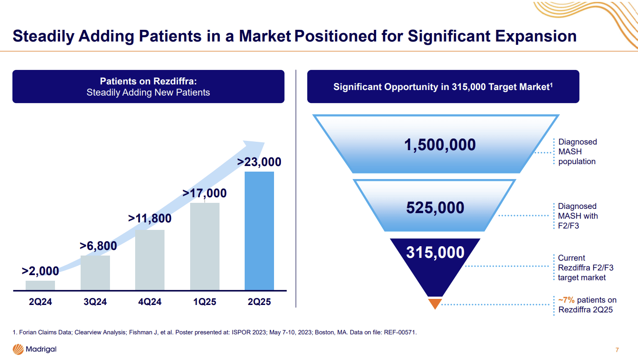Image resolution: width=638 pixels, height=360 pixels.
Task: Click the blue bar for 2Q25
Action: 259,231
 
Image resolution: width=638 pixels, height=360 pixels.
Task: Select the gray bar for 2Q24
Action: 40,285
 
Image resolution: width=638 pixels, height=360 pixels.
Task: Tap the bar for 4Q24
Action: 150,260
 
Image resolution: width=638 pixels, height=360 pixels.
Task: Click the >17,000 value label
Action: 204,193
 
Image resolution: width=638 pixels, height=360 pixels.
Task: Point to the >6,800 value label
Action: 98,246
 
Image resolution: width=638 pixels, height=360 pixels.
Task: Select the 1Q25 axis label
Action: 205,302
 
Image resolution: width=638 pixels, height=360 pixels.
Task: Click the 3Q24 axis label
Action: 95,302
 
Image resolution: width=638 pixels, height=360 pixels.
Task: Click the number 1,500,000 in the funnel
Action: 440,145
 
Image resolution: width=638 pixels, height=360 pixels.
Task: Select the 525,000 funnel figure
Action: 435,208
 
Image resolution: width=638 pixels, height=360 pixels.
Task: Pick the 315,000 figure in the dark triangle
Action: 435,252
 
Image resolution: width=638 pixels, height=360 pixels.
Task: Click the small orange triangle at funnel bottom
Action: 434,304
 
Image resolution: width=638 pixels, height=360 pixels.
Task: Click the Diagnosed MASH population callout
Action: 577,152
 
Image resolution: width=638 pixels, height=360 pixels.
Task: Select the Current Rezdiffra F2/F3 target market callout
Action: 585,268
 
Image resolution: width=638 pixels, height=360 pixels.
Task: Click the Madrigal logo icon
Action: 18,349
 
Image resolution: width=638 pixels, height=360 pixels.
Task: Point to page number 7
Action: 617,350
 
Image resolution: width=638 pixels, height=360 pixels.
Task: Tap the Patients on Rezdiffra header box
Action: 148,86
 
